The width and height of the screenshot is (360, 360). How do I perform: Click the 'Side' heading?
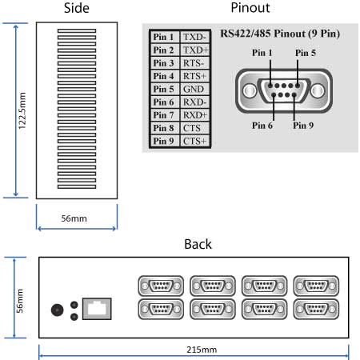[x=76, y=9]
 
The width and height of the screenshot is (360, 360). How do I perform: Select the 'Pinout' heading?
[x=250, y=9]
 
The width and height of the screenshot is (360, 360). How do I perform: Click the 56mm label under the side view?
[x=76, y=218]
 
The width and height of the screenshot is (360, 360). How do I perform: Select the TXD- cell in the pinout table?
[x=194, y=38]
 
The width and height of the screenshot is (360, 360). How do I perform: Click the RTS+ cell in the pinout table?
[x=194, y=76]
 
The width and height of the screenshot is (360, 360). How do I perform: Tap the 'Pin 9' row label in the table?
[x=163, y=141]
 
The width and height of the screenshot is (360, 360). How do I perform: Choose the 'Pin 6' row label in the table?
[x=163, y=102]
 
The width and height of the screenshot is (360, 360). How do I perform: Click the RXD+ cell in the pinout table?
[x=194, y=114]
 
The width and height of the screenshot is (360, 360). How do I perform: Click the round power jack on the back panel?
[x=58, y=310]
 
